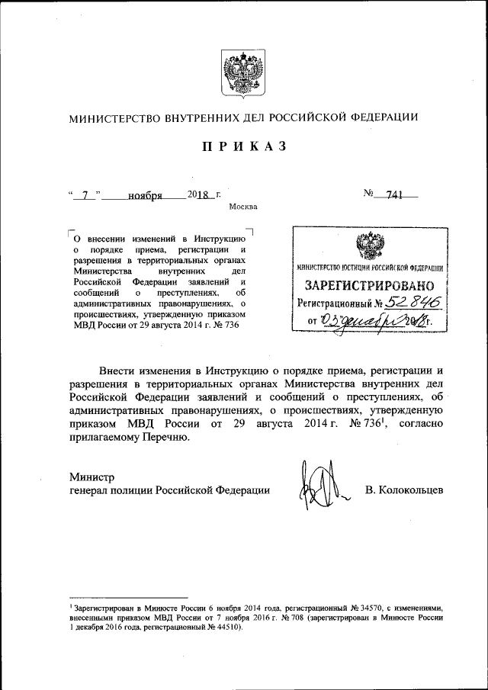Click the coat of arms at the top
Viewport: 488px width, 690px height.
[x=242, y=73]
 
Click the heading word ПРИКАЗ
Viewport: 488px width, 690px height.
[x=243, y=147]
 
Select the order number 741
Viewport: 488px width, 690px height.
[x=394, y=195]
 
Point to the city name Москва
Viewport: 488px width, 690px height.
[x=242, y=207]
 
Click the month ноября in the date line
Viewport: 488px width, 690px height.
[x=145, y=195]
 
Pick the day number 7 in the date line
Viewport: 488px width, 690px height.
[x=85, y=195]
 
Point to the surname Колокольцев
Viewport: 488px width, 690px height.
[x=403, y=491]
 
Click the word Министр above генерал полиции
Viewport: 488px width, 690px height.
[x=91, y=477]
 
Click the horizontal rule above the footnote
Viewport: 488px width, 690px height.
[x=127, y=598]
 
